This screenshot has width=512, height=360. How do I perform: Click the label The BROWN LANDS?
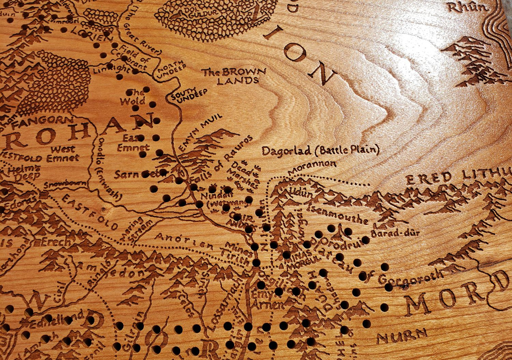[234, 76]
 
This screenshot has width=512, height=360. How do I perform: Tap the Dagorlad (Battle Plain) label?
[320, 151]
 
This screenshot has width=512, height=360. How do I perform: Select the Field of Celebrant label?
[134, 57]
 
